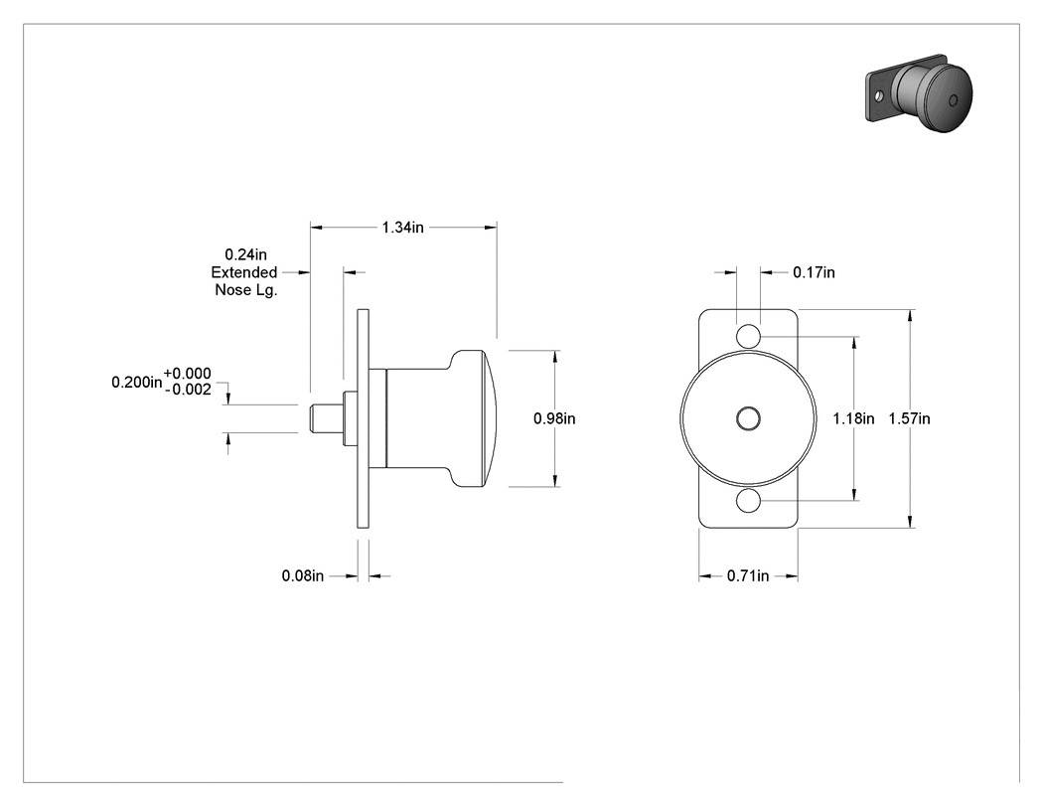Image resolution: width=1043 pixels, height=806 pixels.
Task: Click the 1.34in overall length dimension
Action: pyautogui.click(x=402, y=228)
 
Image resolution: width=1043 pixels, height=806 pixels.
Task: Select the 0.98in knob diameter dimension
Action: pyautogui.click(x=554, y=418)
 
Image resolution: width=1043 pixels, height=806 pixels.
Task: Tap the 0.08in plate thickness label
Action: pyautogui.click(x=303, y=575)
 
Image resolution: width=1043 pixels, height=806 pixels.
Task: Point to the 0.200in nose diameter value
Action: pyautogui.click(x=136, y=382)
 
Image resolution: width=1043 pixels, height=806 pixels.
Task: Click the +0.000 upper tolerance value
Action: pyautogui.click(x=187, y=374)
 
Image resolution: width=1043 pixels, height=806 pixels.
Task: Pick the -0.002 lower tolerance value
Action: pyautogui.click(x=188, y=390)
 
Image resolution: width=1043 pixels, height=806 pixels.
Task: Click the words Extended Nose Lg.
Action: pyautogui.click(x=244, y=281)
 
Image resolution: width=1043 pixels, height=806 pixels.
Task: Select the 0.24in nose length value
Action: pyautogui.click(x=245, y=254)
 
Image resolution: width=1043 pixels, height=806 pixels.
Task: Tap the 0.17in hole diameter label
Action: pyautogui.click(x=815, y=272)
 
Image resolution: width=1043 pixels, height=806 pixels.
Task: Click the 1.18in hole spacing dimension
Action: pyautogui.click(x=854, y=418)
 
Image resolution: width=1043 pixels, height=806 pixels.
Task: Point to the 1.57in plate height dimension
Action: pyautogui.click(x=909, y=418)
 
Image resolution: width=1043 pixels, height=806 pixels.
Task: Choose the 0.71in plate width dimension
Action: pyautogui.click(x=748, y=575)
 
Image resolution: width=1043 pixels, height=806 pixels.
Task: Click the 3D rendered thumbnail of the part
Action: pyautogui.click(x=919, y=93)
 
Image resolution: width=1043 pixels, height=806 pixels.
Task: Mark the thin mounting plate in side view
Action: pyautogui.click(x=364, y=418)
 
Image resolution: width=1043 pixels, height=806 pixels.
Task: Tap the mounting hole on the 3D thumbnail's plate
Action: pyautogui.click(x=879, y=96)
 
